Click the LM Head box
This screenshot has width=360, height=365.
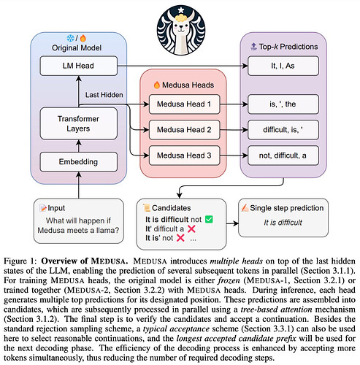tap(79, 66)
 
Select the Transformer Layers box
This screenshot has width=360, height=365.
tap(79, 123)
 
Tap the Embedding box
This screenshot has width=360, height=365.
tap(79, 162)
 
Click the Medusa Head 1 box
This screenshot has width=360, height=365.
tap(184, 104)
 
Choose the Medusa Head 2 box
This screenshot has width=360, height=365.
tap(184, 130)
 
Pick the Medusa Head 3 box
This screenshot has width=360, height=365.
tap(184, 155)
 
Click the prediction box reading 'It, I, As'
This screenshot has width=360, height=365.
tap(283, 66)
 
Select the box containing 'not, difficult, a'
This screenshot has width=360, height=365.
tap(283, 155)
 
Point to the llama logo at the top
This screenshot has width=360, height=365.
tap(181, 30)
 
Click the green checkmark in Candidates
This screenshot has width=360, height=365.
tap(209, 219)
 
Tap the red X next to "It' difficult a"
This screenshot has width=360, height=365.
tap(191, 228)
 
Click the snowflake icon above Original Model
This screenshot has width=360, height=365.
tap(70, 38)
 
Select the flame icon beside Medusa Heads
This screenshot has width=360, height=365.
tap(157, 85)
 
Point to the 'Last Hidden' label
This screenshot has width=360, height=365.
tap(104, 95)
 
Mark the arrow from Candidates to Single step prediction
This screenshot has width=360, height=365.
tap(232, 223)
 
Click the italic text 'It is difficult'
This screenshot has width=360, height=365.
tap(283, 223)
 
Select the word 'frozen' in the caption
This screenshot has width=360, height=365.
tap(229, 280)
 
